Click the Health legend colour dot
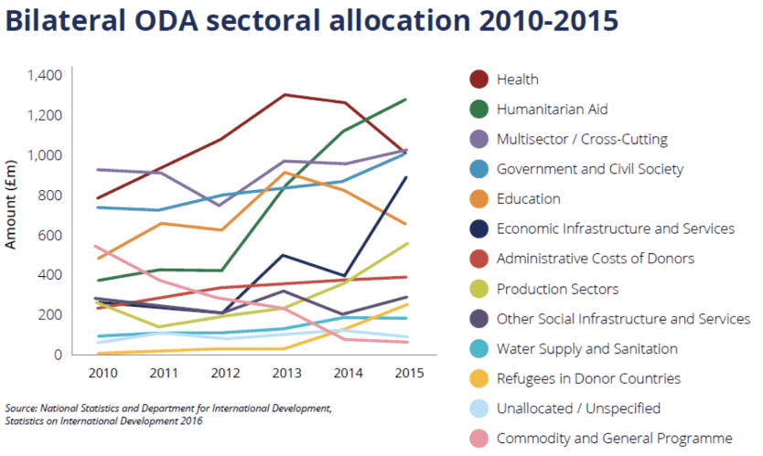click(478, 80)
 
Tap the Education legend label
click(528, 199)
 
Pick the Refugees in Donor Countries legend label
click(587, 378)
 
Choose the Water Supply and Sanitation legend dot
click(478, 349)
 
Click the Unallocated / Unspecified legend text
click(577, 408)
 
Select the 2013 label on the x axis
click(285, 374)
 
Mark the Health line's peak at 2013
click(285, 94)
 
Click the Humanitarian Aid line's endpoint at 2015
click(405, 99)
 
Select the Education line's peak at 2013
click(285, 172)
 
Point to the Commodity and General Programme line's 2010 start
click(96, 246)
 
